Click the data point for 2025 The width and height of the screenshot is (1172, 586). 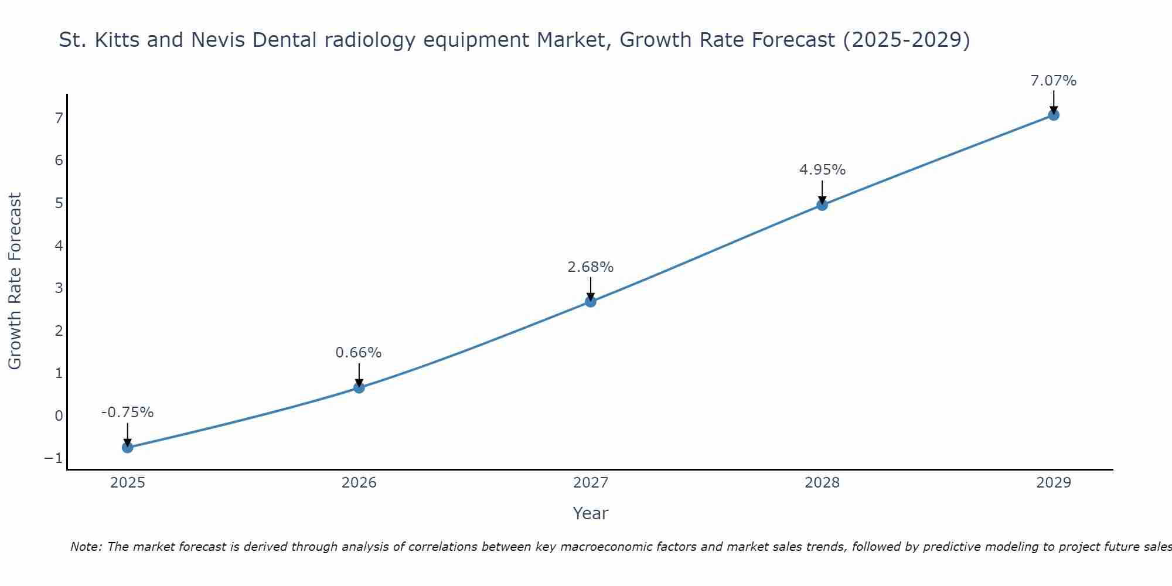[x=128, y=448]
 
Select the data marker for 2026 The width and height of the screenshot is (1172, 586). [x=359, y=387]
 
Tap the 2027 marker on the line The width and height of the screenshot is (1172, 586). [x=591, y=302]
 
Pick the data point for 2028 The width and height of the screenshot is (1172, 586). [x=822, y=205]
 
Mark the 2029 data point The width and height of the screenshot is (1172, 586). [x=1054, y=115]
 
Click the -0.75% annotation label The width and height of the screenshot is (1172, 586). [x=127, y=413]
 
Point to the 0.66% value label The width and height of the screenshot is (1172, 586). [x=359, y=353]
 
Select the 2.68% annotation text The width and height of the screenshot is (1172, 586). [x=591, y=267]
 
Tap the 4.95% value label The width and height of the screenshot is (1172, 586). [x=822, y=170]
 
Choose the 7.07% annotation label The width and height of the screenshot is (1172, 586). [x=1054, y=81]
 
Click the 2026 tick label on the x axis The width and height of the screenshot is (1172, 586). [x=359, y=483]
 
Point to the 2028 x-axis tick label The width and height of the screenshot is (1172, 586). [x=822, y=483]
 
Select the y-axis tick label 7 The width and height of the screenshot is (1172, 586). [x=59, y=118]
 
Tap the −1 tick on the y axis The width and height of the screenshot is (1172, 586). [x=53, y=458]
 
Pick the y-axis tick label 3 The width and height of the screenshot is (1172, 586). [x=59, y=288]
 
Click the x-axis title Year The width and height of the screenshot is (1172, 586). [x=591, y=513]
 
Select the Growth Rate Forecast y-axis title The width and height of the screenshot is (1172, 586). [x=15, y=281]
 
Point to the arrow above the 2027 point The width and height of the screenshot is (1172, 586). [x=591, y=289]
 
